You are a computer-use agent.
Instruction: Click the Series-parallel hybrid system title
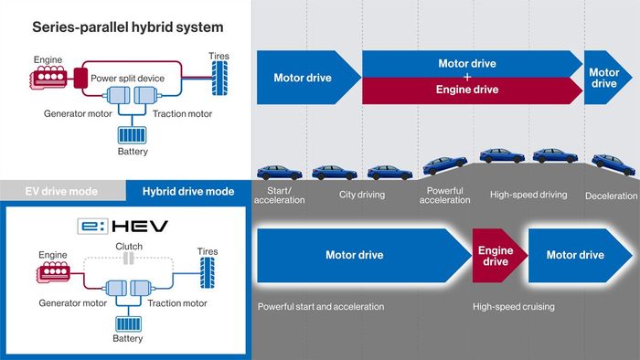127,27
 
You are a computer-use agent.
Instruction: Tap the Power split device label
127,79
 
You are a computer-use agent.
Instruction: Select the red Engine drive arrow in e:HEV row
495,255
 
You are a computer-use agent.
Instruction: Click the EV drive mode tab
62,190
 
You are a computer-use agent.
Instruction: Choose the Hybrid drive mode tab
187,190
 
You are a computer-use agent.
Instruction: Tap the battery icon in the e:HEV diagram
127,324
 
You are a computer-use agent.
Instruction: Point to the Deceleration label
611,196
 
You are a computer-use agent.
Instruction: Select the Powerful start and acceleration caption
320,306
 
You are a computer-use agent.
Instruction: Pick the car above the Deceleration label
610,163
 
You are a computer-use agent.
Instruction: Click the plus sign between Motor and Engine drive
466,78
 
